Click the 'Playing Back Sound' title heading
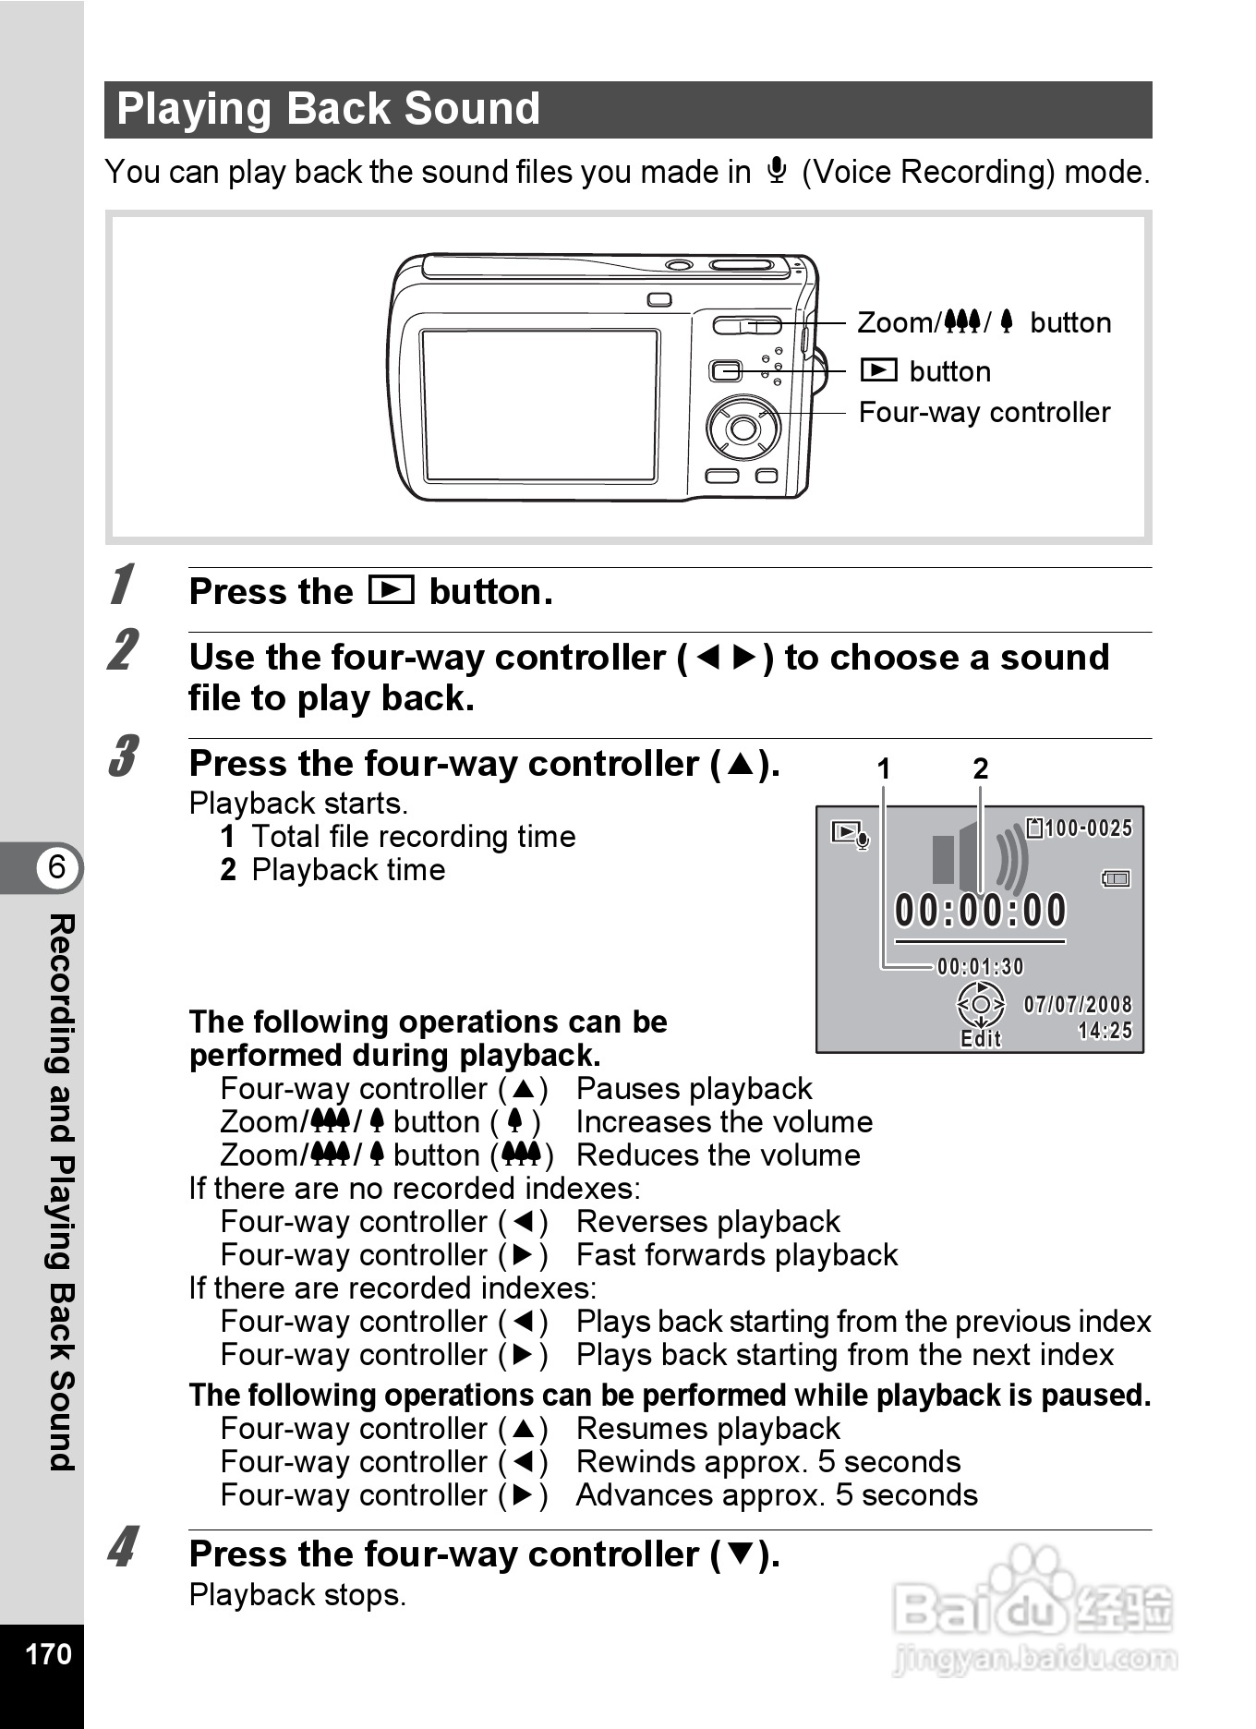(329, 109)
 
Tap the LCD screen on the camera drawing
(539, 405)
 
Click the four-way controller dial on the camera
(743, 428)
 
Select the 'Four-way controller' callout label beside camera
(984, 412)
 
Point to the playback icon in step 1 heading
(391, 590)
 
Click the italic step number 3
(123, 757)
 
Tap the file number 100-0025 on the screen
(1087, 828)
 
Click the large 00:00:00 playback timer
(980, 911)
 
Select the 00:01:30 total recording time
(980, 967)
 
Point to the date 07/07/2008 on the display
(1077, 1005)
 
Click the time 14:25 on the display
(1105, 1031)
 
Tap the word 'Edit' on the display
(981, 1040)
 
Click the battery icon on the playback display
(1116, 878)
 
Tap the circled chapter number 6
(57, 867)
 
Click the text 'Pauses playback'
(694, 1089)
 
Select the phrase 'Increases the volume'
(724, 1122)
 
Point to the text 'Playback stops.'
(297, 1595)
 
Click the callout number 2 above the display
(981, 768)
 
